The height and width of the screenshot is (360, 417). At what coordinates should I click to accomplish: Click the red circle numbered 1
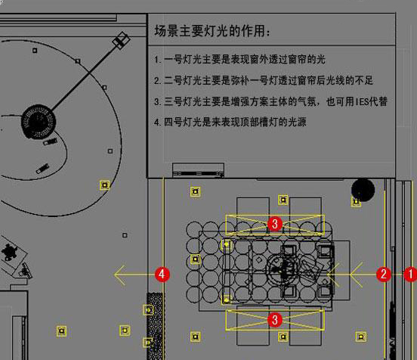(411, 275)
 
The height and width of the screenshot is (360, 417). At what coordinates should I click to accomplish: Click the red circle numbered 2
(384, 275)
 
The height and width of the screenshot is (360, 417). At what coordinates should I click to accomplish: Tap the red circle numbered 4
(162, 275)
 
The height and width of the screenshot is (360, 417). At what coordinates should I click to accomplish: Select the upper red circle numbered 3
(275, 224)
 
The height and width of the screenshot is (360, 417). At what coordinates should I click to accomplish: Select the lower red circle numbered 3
(275, 320)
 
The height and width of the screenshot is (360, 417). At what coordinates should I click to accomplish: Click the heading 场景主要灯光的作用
(212, 31)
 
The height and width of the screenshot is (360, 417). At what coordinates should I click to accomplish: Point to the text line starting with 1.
(239, 60)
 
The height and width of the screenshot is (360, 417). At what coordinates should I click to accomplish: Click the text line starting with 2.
(264, 80)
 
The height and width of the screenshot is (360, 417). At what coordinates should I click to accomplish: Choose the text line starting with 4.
(230, 123)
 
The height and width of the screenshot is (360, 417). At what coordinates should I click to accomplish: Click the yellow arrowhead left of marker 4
(119, 275)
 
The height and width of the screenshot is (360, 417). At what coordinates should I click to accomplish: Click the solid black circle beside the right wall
(363, 190)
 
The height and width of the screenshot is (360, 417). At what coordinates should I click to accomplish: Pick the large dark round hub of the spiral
(39, 121)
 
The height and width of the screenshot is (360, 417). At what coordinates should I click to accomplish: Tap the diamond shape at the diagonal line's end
(122, 41)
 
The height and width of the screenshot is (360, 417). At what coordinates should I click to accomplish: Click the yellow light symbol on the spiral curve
(105, 185)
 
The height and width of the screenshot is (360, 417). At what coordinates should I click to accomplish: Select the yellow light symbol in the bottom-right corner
(360, 337)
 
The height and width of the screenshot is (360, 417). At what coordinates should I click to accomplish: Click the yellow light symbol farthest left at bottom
(62, 331)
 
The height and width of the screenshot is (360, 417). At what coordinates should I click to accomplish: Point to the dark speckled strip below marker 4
(156, 326)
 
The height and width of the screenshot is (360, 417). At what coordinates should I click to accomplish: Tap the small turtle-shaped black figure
(9, 252)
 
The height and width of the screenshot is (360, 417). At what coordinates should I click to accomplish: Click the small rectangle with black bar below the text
(199, 170)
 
